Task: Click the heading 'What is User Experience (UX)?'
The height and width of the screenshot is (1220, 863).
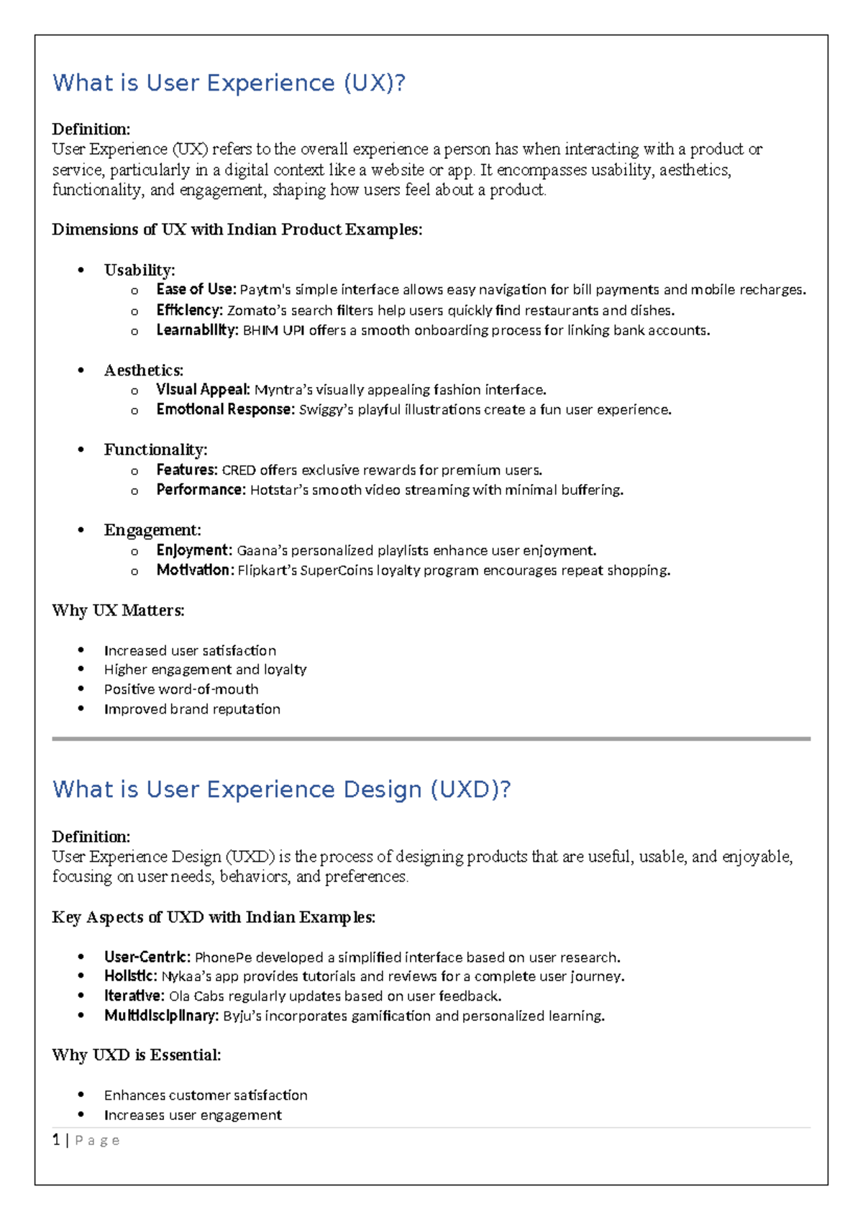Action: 229,83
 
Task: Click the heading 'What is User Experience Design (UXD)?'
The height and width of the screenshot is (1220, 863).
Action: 281,789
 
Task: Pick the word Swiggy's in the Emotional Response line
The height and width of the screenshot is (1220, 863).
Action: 326,410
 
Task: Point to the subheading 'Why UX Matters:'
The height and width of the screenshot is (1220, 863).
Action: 119,611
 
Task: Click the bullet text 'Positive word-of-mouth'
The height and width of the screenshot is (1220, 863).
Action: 181,689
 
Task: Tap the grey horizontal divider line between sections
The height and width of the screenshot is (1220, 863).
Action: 431,739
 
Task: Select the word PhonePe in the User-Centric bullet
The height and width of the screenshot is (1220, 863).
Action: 223,957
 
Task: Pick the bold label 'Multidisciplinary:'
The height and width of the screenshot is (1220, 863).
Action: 161,1016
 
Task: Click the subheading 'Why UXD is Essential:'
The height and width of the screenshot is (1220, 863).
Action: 137,1055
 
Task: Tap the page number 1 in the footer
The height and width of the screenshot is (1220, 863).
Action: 56,1140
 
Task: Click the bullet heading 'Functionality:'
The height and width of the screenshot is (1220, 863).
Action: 155,450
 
